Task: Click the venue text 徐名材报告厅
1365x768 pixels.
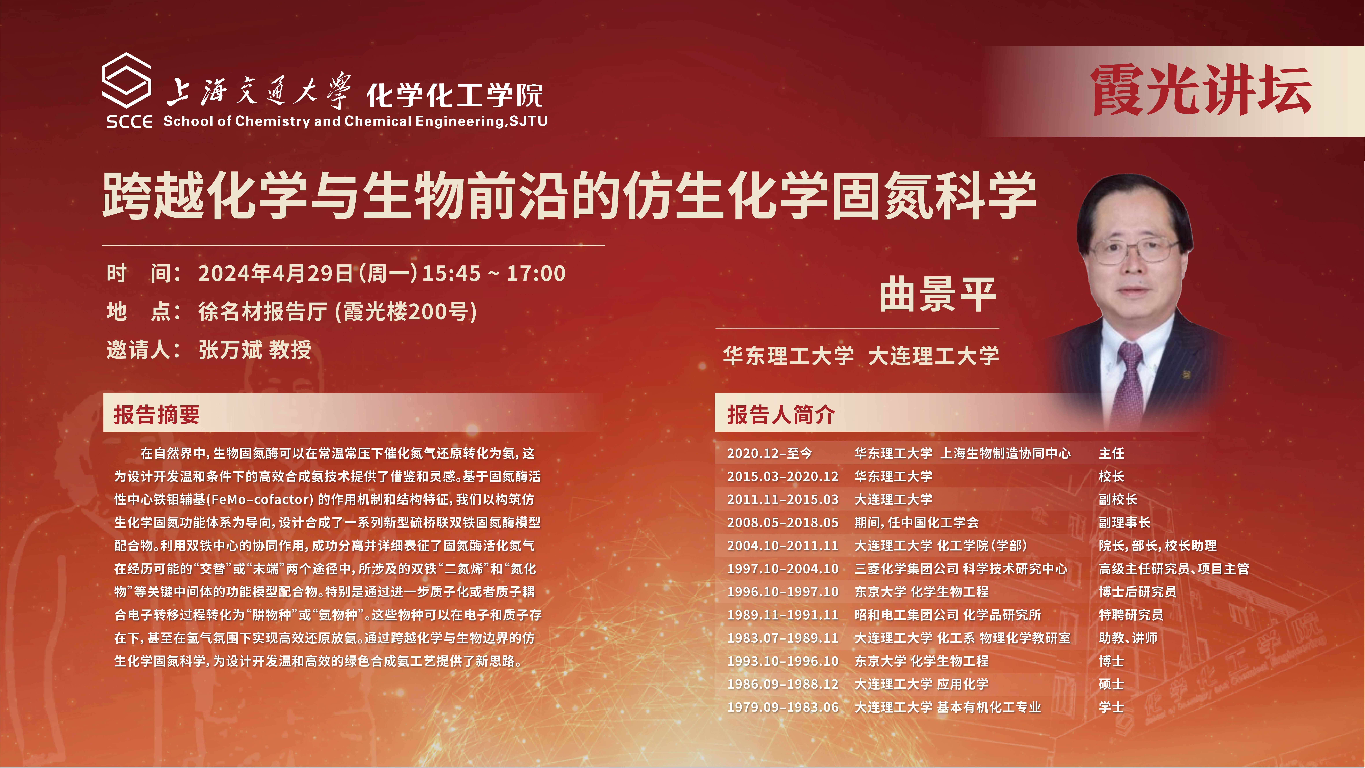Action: click(263, 312)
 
